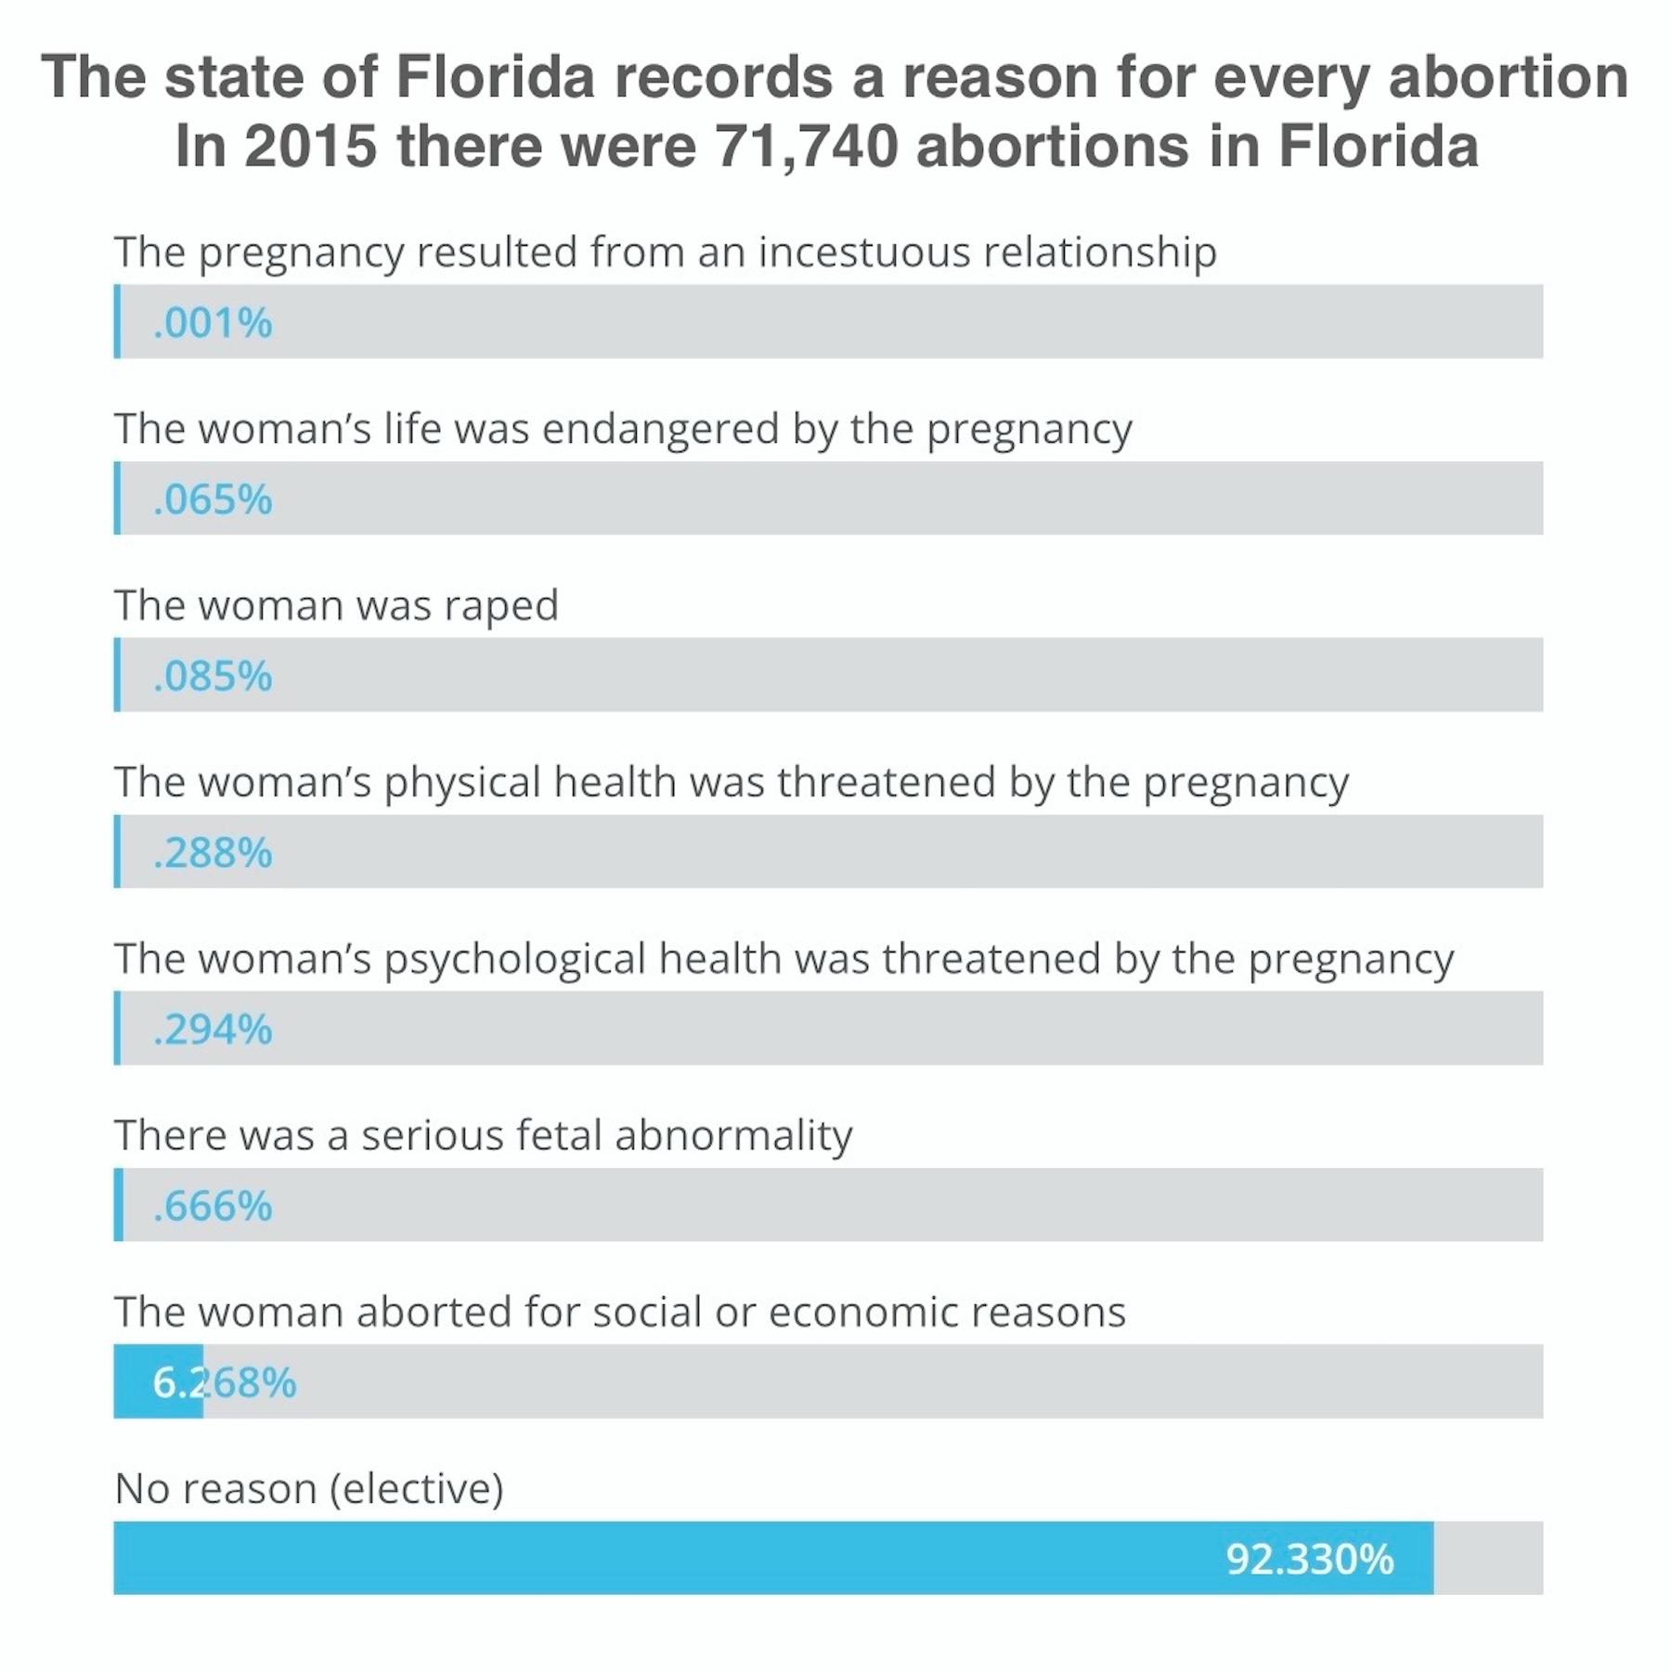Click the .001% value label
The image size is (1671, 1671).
click(213, 323)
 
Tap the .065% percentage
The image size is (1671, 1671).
click(213, 499)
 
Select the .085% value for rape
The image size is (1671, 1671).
click(213, 676)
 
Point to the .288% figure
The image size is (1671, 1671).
click(213, 852)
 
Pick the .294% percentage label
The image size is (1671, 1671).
click(213, 1029)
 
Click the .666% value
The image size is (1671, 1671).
click(213, 1206)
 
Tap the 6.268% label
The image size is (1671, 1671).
click(225, 1382)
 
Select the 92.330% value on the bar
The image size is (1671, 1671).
click(1309, 1559)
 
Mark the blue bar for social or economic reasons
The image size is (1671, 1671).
click(158, 1382)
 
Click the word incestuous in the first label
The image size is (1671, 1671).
click(864, 253)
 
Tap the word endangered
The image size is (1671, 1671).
click(660, 429)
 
